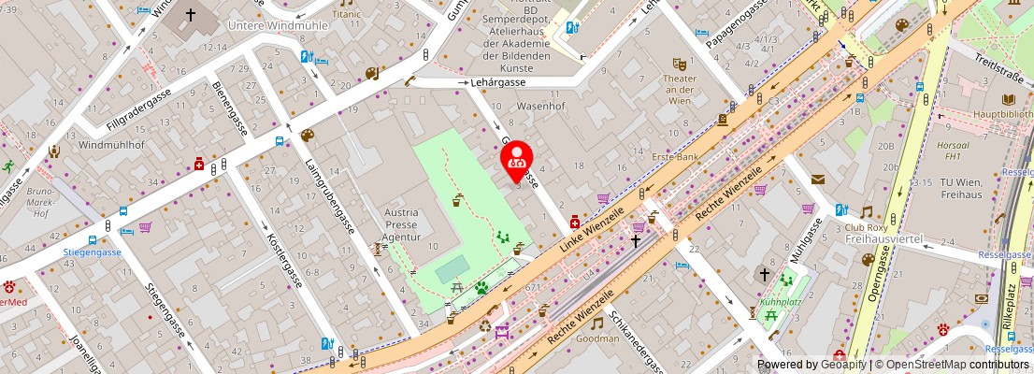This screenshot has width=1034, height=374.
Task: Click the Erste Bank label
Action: click(676, 156)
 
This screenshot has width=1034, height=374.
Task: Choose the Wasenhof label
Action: click(542, 106)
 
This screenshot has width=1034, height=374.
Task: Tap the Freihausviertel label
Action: click(883, 239)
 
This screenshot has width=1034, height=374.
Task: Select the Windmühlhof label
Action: click(110, 146)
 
